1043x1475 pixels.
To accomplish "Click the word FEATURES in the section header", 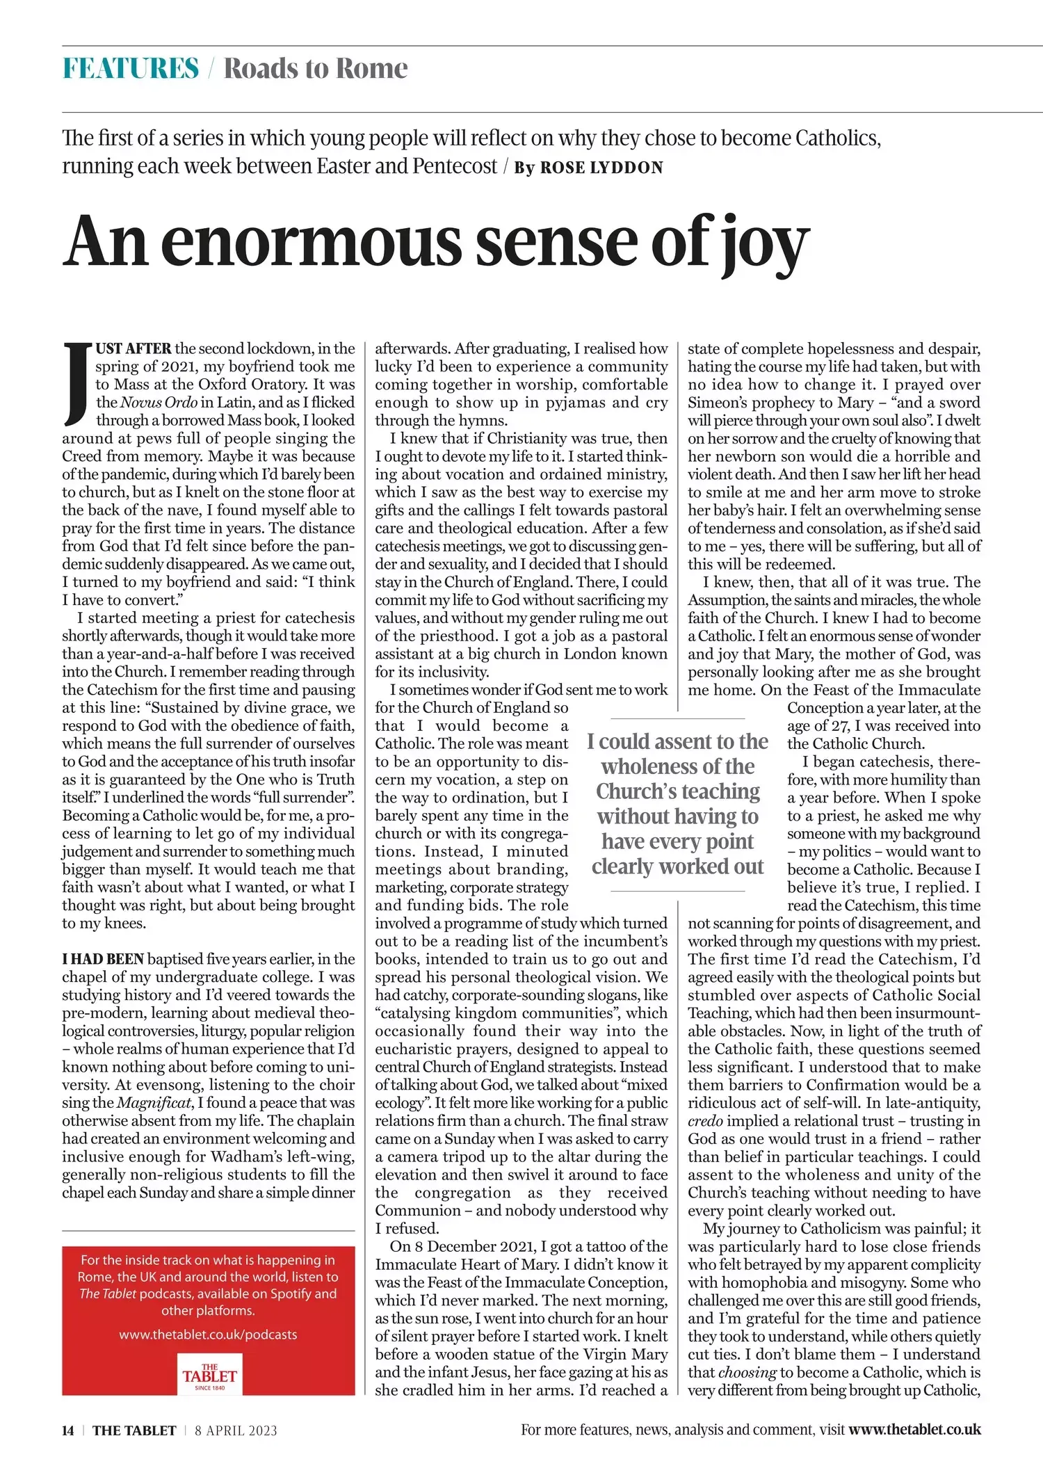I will tap(131, 69).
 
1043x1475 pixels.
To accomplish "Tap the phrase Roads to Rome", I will tap(316, 69).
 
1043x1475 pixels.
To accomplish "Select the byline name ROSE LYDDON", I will tap(601, 168).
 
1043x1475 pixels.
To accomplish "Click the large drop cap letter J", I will tap(77, 383).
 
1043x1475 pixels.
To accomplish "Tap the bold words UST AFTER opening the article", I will tap(134, 348).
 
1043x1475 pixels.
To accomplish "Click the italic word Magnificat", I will tap(154, 1102).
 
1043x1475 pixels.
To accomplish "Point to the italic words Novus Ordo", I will tap(159, 402).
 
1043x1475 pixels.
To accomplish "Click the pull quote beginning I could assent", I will tap(677, 804).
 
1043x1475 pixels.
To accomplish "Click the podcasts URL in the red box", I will tap(208, 1335).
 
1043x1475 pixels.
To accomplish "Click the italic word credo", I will tap(705, 1121).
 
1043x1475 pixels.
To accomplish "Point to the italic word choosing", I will tap(747, 1372).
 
